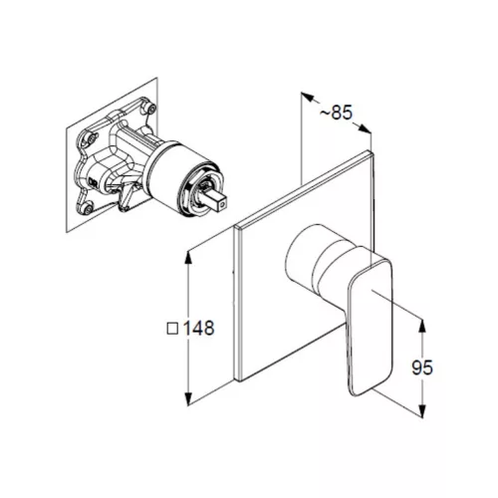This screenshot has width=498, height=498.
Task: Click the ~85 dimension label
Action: [x=336, y=113]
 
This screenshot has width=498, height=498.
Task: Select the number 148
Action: [x=199, y=328]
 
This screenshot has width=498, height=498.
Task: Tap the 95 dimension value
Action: [x=422, y=368]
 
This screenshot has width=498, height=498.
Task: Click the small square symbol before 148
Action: [x=172, y=329]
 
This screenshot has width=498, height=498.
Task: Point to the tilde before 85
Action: [x=326, y=114]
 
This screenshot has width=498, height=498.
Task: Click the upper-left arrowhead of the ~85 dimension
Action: [x=308, y=97]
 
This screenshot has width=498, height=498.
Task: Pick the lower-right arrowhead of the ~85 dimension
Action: [x=365, y=128]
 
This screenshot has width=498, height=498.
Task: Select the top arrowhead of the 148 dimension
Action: [x=188, y=258]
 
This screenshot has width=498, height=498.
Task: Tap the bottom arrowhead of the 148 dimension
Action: [x=188, y=398]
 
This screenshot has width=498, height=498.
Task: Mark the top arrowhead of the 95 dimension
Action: [x=422, y=326]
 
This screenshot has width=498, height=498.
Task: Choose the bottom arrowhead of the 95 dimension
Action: [x=422, y=409]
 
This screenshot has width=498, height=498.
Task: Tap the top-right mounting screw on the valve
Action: [x=151, y=109]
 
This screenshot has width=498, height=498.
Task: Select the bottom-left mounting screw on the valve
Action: [x=88, y=208]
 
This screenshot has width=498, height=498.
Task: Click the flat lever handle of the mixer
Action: [x=370, y=327]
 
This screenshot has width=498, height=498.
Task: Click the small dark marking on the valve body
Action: [x=93, y=182]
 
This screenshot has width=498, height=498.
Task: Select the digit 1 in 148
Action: [x=187, y=328]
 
